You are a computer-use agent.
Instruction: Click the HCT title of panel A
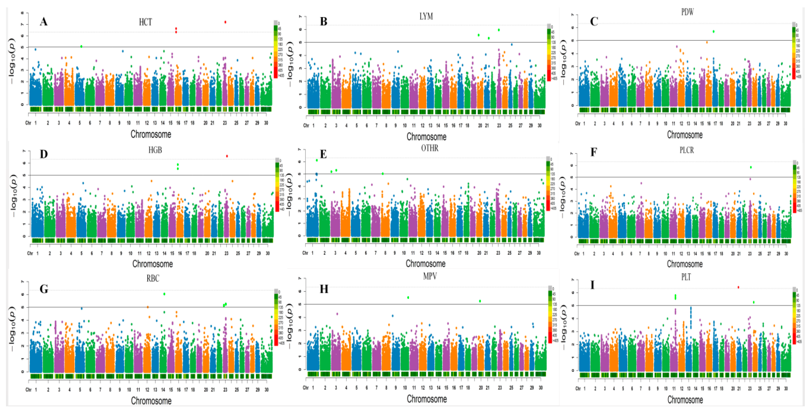click(145, 22)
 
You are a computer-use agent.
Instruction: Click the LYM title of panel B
click(426, 16)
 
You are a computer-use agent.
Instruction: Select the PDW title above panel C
click(687, 12)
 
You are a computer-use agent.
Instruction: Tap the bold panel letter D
click(44, 154)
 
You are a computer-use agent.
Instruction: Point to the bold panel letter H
click(324, 289)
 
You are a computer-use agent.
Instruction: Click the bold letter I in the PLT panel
click(592, 285)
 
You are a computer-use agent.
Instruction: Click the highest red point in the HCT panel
click(225, 22)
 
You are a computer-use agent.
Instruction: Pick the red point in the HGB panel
click(227, 156)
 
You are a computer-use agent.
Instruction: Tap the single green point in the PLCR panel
click(751, 167)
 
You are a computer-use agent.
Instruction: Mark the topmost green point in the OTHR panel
click(317, 160)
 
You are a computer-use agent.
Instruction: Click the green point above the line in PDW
click(714, 31)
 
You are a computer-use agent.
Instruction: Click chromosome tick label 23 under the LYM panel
click(499, 125)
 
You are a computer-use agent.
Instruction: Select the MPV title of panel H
click(430, 276)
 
